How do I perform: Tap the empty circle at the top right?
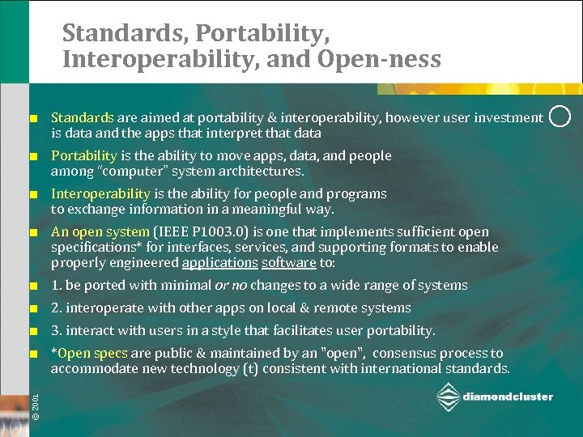coord(560,117)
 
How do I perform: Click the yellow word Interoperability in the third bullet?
coord(100,193)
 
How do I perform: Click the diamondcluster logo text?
coord(509,397)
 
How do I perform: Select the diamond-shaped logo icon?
coord(448,397)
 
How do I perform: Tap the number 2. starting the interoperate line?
coord(57,308)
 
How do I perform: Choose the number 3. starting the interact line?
coord(57,330)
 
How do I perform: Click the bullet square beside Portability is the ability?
coord(34,156)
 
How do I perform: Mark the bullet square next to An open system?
coord(34,232)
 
